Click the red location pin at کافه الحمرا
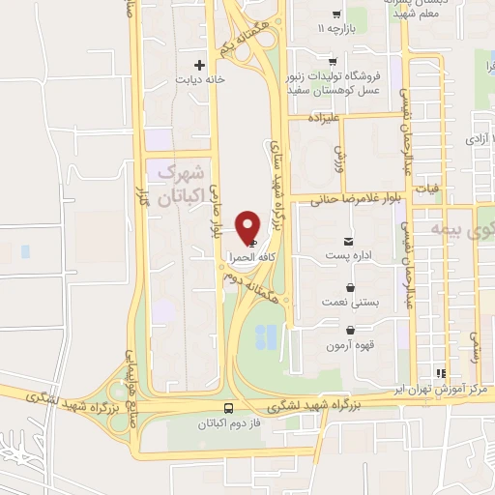point(249,226)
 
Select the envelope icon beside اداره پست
point(348,240)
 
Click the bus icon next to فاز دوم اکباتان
point(229,408)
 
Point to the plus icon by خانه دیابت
point(199,66)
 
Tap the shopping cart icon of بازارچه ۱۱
point(335,14)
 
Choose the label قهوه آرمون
point(350,345)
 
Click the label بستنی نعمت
point(349,304)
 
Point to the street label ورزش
point(339,153)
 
